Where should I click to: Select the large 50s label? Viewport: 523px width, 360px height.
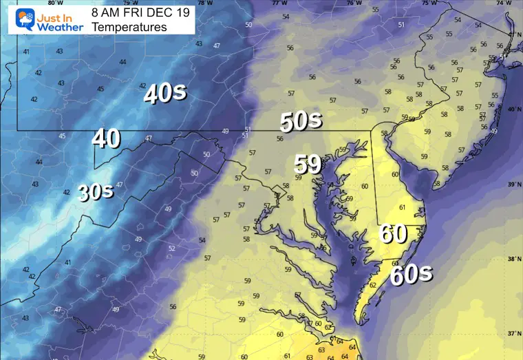point(300,121)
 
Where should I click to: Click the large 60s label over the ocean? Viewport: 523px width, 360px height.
point(411,274)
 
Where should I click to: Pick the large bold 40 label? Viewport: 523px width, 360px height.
point(106,138)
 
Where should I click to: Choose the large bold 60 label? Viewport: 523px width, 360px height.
point(392,235)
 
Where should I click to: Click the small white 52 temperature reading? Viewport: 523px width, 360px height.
point(171,248)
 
